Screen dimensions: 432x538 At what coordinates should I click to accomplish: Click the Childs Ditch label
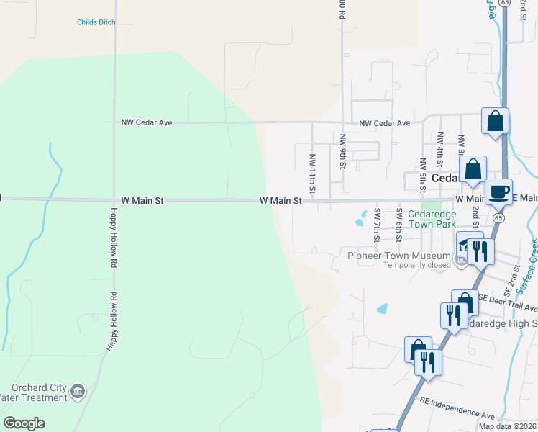coord(96,22)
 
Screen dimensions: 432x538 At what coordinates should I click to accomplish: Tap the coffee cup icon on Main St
coord(498,192)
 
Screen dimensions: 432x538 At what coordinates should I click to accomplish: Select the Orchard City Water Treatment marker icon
coord(78,392)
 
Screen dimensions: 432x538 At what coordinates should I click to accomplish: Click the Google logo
coord(24,423)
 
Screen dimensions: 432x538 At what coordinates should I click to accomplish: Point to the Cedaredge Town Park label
coord(432,219)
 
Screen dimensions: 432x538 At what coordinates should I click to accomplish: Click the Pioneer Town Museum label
coord(399,255)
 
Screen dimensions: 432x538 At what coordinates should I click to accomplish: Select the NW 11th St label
coord(312,173)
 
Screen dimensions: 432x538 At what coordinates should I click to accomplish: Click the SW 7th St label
coord(376,224)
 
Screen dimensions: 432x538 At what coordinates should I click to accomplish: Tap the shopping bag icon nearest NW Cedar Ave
coord(495,122)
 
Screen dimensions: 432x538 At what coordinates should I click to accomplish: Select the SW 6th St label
coord(398,224)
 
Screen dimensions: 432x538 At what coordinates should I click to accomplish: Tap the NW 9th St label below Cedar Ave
coord(343,152)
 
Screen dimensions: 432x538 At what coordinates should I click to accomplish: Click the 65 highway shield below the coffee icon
coord(499,217)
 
